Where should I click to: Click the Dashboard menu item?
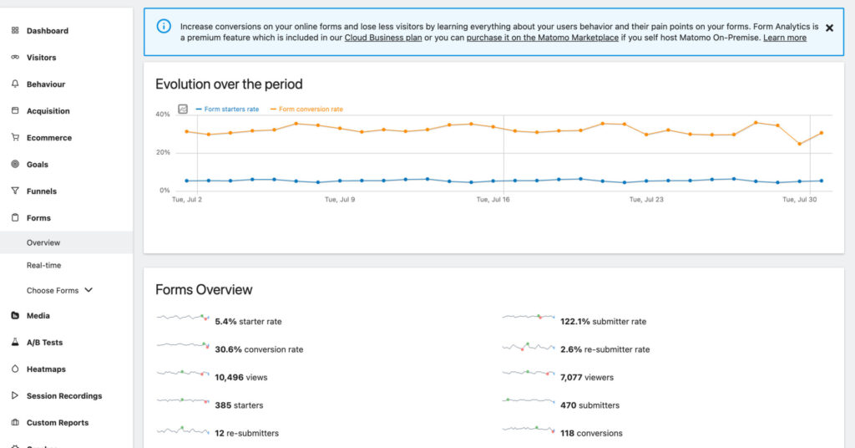[47, 31]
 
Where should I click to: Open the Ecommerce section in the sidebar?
[48, 138]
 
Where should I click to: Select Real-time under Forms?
[43, 265]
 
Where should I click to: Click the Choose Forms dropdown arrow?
[89, 290]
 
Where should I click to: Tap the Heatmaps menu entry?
[45, 369]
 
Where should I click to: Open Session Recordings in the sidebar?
[63, 396]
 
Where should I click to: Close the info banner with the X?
[829, 28]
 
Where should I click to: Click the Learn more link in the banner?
[784, 38]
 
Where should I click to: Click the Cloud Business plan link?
[383, 38]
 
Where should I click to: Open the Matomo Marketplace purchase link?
[540, 38]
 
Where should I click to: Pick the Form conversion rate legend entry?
[310, 109]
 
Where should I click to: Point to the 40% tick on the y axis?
[163, 114]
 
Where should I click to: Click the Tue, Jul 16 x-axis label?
[493, 200]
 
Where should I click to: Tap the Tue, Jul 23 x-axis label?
[646, 200]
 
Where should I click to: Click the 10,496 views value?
[240, 378]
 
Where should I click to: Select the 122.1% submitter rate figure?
[603, 322]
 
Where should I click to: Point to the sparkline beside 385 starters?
[182, 404]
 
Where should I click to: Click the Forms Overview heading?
[204, 290]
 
